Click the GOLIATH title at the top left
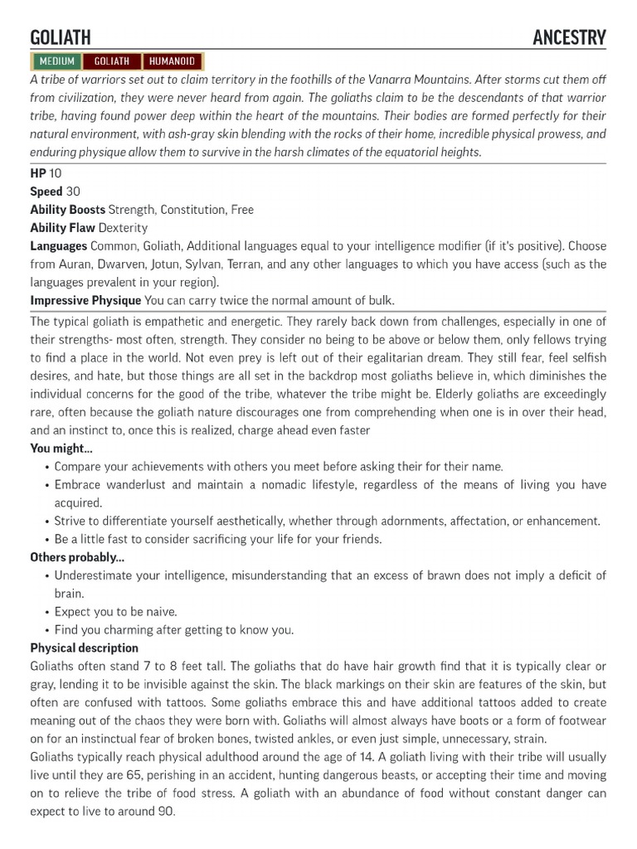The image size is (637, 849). pyautogui.click(x=61, y=37)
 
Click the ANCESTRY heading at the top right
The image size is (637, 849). pyautogui.click(x=569, y=37)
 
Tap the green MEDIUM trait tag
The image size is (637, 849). pyautogui.click(x=56, y=61)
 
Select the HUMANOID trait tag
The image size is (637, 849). pyautogui.click(x=173, y=61)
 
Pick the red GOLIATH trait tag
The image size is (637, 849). pyautogui.click(x=112, y=61)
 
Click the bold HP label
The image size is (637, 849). pyautogui.click(x=38, y=173)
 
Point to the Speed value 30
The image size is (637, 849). pyautogui.click(x=73, y=192)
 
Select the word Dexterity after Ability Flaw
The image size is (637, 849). pyautogui.click(x=123, y=228)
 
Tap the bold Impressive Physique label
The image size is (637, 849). pyautogui.click(x=85, y=300)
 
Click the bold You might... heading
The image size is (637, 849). pyautogui.click(x=61, y=449)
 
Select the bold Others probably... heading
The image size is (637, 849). pyautogui.click(x=77, y=557)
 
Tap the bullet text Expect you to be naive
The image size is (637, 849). pyautogui.click(x=115, y=612)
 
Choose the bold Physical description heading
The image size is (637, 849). pyautogui.click(x=84, y=648)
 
